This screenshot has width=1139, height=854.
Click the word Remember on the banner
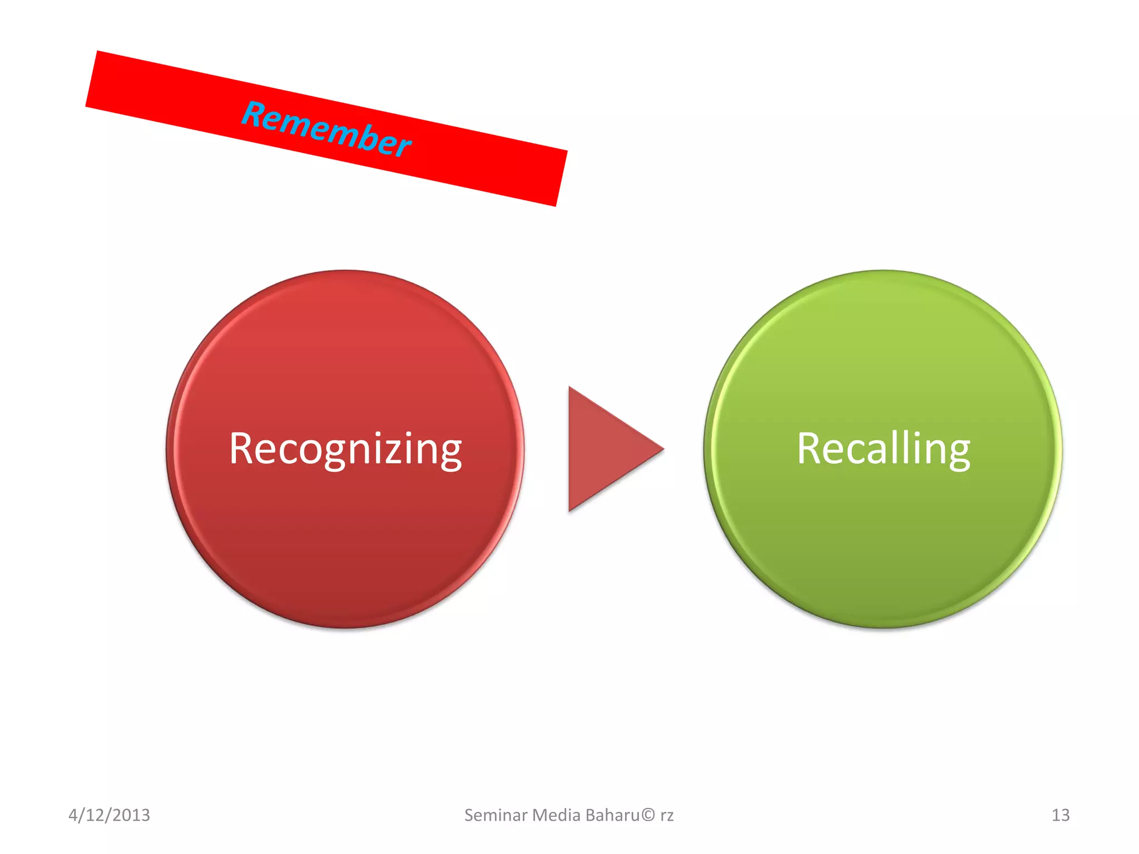pos(326,129)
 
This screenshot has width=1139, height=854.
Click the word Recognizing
pos(345,449)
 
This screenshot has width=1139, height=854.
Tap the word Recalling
pos(883,449)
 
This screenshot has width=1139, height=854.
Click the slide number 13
pos(1060,815)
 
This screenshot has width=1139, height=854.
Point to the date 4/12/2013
pos(109,815)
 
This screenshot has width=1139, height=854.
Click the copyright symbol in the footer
pos(648,815)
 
